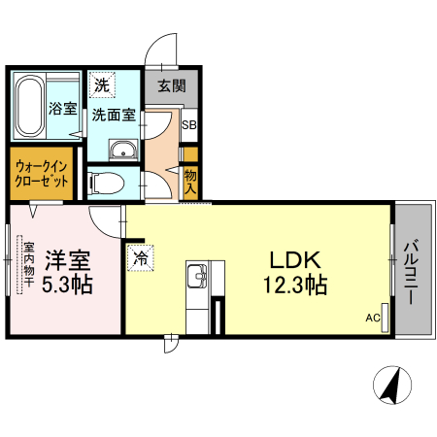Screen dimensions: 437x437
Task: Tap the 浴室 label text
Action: (x=63, y=109)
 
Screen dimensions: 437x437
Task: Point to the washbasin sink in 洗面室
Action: (x=123, y=151)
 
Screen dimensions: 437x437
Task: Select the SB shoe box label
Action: (x=189, y=124)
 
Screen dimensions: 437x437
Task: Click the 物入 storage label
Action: (x=190, y=182)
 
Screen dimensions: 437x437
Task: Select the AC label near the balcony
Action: (x=371, y=318)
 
